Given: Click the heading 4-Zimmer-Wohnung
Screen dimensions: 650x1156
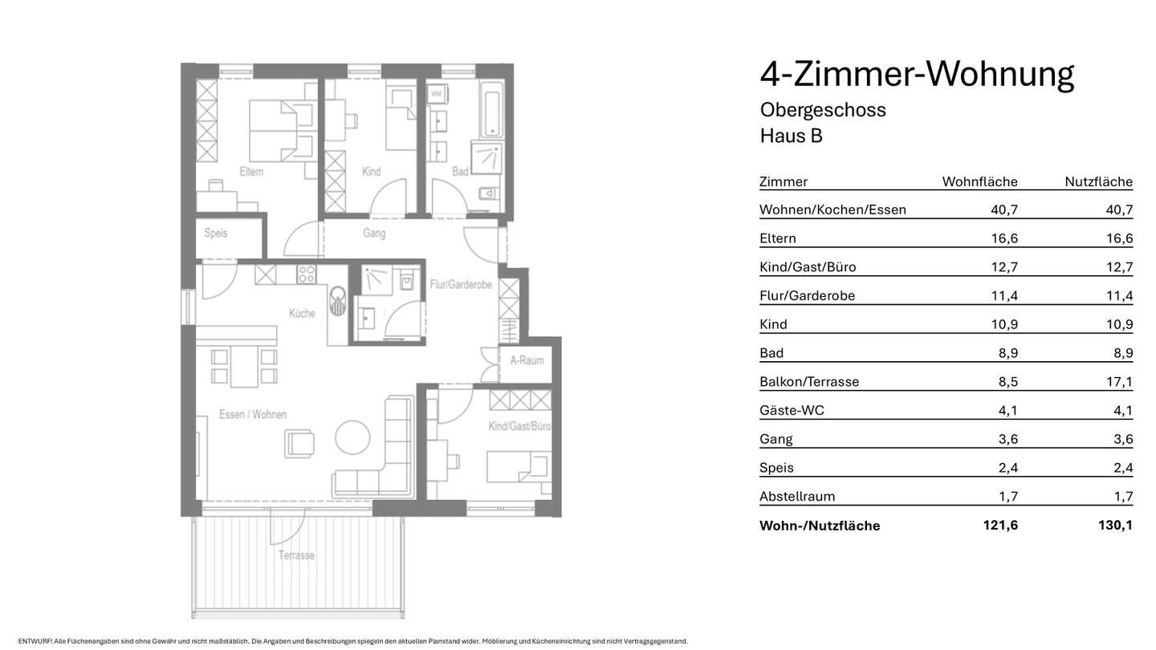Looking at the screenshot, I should coord(916,75).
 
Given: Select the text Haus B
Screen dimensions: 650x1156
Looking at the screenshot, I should coord(791,136).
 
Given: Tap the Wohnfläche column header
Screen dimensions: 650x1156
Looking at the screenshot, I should coord(979,182).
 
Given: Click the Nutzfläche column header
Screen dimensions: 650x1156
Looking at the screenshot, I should coord(1098,182).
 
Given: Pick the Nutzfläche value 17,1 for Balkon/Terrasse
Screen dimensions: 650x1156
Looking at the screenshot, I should coord(1119,382).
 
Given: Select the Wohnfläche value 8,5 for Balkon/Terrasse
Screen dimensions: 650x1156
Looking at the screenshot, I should coord(1007,382).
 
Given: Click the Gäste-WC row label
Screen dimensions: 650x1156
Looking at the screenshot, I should coord(792,411).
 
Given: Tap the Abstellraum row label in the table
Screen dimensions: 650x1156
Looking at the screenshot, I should coord(796,497).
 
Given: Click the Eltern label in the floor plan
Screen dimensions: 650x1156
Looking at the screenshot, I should coord(251,172).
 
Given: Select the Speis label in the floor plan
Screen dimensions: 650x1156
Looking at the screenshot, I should coord(215,234).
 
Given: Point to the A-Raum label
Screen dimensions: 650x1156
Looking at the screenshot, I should coord(527,360).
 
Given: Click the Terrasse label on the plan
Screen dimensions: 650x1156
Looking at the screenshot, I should coord(296,555).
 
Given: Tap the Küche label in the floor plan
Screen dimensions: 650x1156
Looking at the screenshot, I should coord(302,314).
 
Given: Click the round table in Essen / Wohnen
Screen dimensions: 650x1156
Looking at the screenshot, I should coord(353,438).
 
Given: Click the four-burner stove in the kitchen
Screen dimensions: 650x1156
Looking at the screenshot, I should coord(307,274).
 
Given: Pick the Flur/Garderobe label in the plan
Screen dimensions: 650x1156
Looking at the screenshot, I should coord(460,285).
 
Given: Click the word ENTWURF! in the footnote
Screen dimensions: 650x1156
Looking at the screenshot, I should coord(35,641).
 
